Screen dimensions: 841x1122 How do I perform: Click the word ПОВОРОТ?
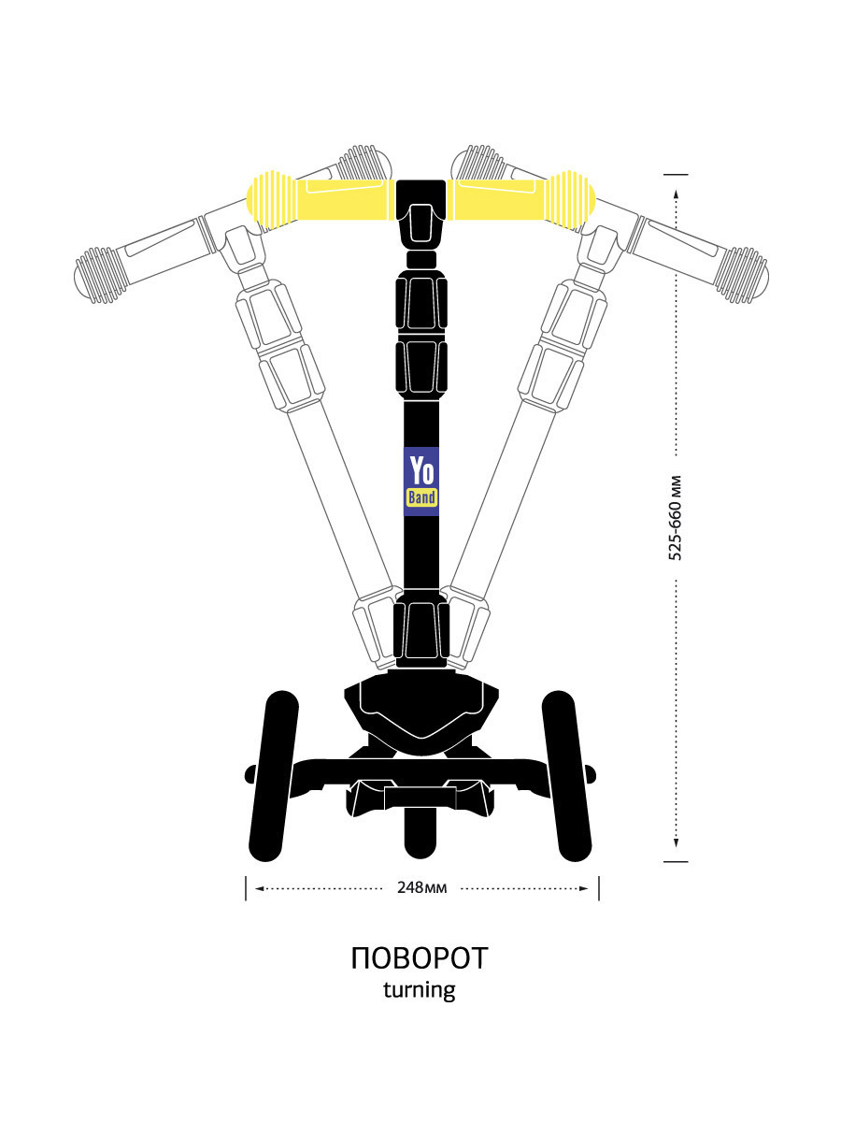420,959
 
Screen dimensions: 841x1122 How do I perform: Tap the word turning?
420,990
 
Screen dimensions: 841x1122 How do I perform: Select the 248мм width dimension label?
421,888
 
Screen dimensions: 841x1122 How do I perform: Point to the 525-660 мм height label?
676,518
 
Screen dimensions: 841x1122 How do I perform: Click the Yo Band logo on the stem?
421,482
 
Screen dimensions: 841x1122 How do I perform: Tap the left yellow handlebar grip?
321,199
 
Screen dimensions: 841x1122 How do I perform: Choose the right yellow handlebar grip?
520,199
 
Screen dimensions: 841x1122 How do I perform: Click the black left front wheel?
273,776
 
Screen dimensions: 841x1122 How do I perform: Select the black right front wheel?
567,776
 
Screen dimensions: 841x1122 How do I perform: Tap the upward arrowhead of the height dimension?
676,194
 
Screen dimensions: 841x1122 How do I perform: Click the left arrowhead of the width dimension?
260,888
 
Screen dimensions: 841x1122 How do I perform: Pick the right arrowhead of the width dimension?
583,888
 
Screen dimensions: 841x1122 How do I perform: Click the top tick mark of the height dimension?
676,174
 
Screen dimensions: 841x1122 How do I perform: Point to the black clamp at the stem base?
421,630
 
